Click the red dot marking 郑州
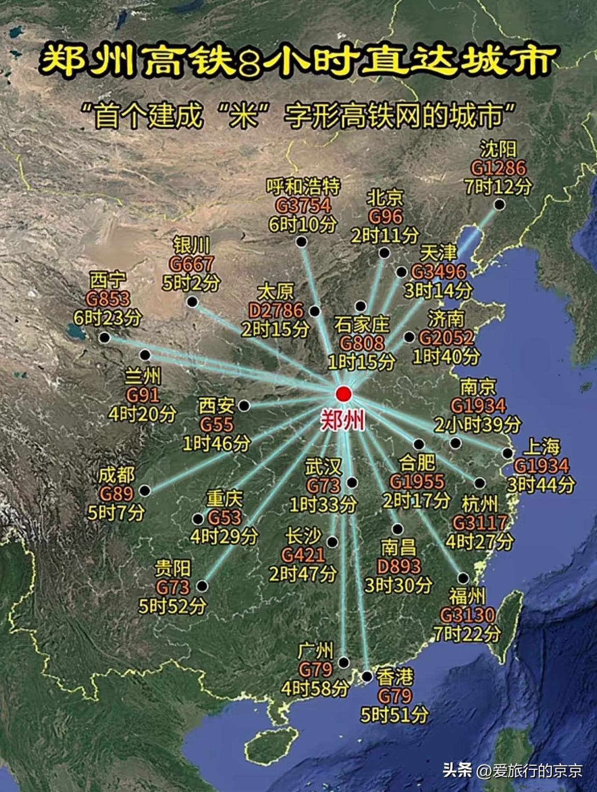click(x=343, y=394)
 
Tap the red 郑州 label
click(x=342, y=421)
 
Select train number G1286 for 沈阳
click(x=498, y=168)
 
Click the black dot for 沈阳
click(x=500, y=205)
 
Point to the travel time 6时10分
click(x=302, y=225)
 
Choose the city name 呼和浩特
click(x=303, y=187)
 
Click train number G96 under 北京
click(x=385, y=217)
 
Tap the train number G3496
click(x=439, y=272)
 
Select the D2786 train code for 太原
click(x=276, y=311)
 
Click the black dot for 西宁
click(x=104, y=338)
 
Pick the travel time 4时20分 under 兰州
click(x=142, y=414)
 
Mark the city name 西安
click(x=216, y=405)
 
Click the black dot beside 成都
click(x=145, y=490)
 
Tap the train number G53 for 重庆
click(x=224, y=517)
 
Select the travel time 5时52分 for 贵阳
click(x=172, y=606)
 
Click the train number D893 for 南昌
click(x=399, y=566)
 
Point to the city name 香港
click(x=395, y=677)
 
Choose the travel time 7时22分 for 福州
click(x=467, y=634)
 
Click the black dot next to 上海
click(x=507, y=453)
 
